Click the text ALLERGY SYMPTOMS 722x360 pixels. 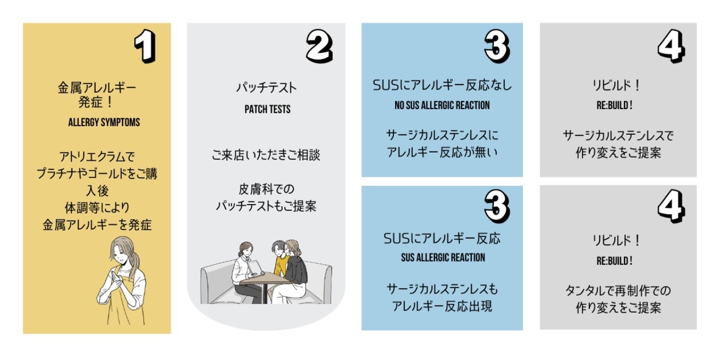coord(104,122)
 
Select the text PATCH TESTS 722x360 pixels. coord(267,109)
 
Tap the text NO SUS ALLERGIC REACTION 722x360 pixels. coord(442,105)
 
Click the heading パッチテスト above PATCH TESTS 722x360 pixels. coord(266,88)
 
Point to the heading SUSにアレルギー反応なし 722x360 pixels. coord(442,85)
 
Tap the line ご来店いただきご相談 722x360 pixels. coord(266,156)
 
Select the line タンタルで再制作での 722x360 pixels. coord(618,291)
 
